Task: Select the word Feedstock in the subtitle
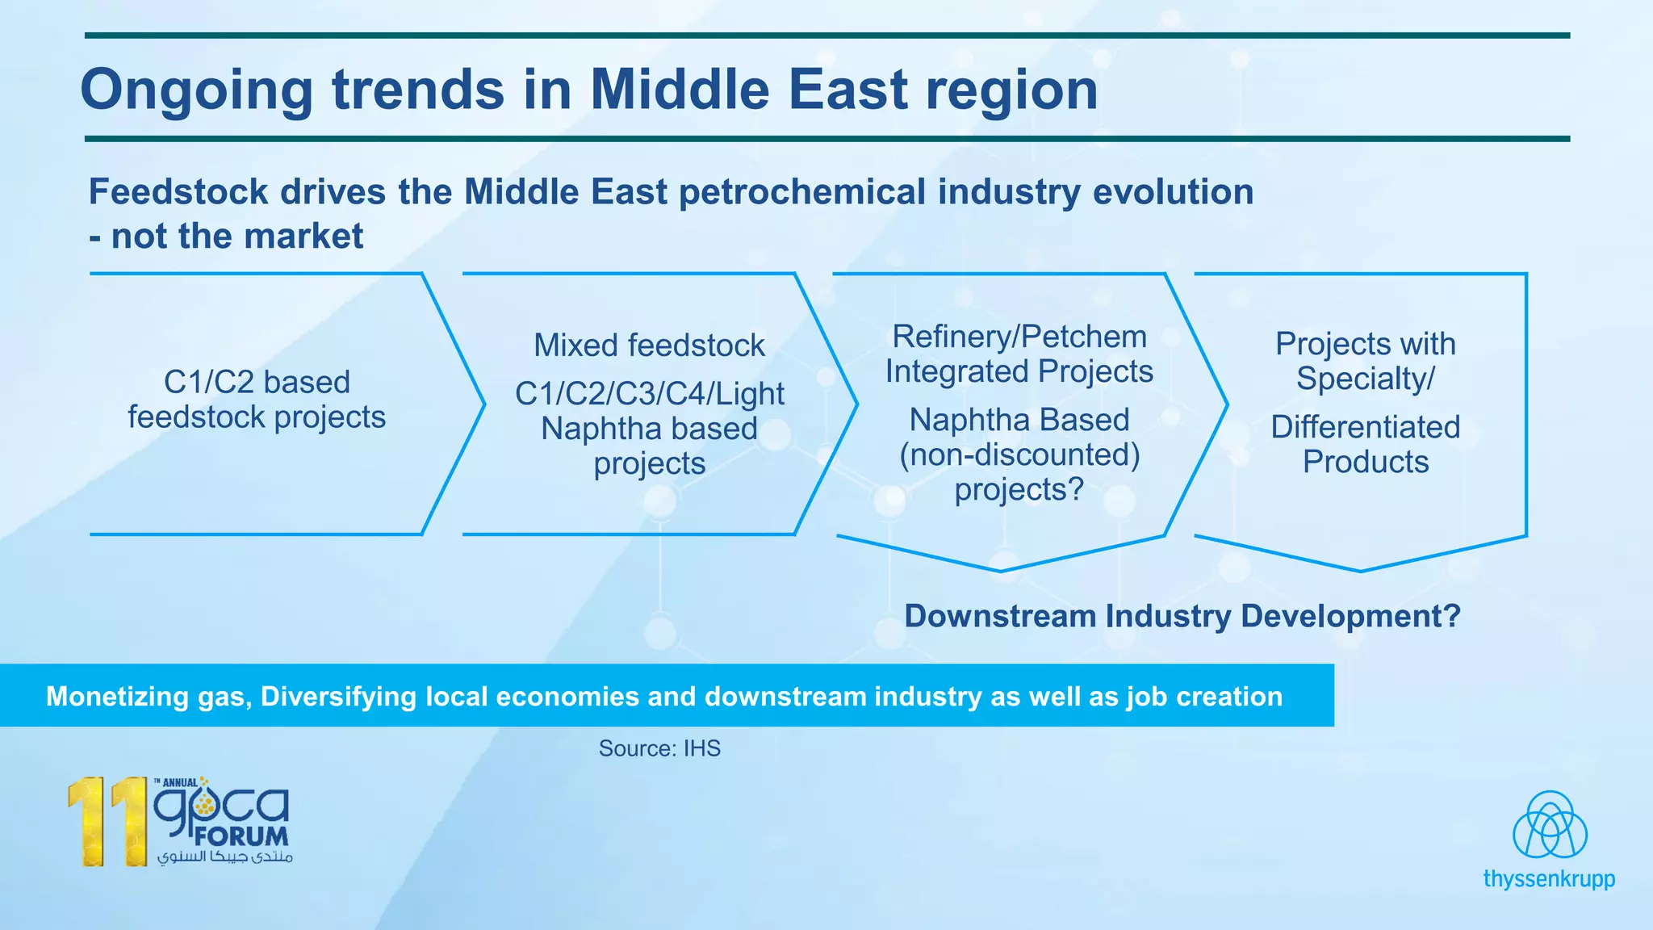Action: (x=178, y=192)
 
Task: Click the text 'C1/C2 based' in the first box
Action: (x=257, y=382)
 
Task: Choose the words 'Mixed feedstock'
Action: (x=649, y=346)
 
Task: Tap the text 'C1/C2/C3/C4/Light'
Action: (x=649, y=394)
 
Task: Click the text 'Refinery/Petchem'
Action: (x=1019, y=337)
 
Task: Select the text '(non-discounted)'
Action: (x=1019, y=455)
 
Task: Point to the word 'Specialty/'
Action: (x=1365, y=379)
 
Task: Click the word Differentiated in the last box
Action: (x=1365, y=427)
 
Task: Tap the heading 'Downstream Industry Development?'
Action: (x=1182, y=616)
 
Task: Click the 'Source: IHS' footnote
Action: (x=659, y=748)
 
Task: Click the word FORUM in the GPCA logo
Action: (x=241, y=836)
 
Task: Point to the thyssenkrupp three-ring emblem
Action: (x=1549, y=825)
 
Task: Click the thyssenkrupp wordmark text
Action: (x=1548, y=879)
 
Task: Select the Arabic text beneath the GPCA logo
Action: (x=225, y=857)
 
